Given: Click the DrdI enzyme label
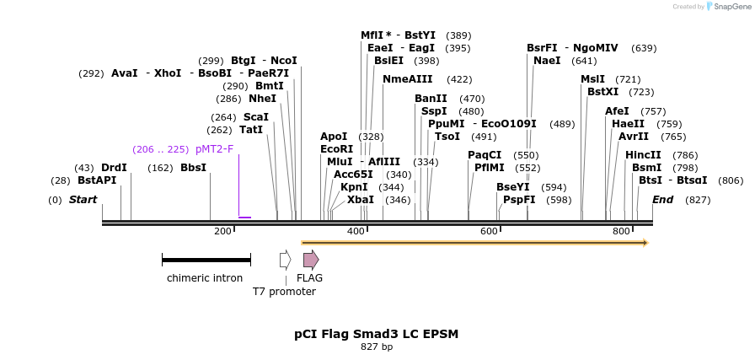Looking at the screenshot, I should pos(114,168).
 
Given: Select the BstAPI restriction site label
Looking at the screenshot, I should pos(96,180).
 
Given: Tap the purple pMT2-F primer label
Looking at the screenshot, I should pos(214,149).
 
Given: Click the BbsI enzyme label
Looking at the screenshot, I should pos(193,168).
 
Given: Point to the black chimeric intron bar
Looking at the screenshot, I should pos(206,261).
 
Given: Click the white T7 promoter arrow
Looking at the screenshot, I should pos(286,260).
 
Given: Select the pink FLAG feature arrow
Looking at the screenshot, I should pos(311,260).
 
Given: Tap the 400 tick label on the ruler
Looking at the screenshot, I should pos(356,231).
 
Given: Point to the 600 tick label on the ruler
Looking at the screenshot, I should pos(489,231).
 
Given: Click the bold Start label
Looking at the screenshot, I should pos(83,200).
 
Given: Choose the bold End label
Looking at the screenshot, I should pos(662,200).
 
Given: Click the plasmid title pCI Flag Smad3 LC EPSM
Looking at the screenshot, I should pos(377,334).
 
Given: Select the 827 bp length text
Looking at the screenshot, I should pos(377,347).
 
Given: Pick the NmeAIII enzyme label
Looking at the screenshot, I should pos(407,79).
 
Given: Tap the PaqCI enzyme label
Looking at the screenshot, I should pos(485,155).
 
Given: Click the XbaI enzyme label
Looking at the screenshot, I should pos(361,200).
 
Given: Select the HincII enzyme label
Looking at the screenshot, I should pos(643,155).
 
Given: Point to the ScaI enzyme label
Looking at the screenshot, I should pos(255,117).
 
